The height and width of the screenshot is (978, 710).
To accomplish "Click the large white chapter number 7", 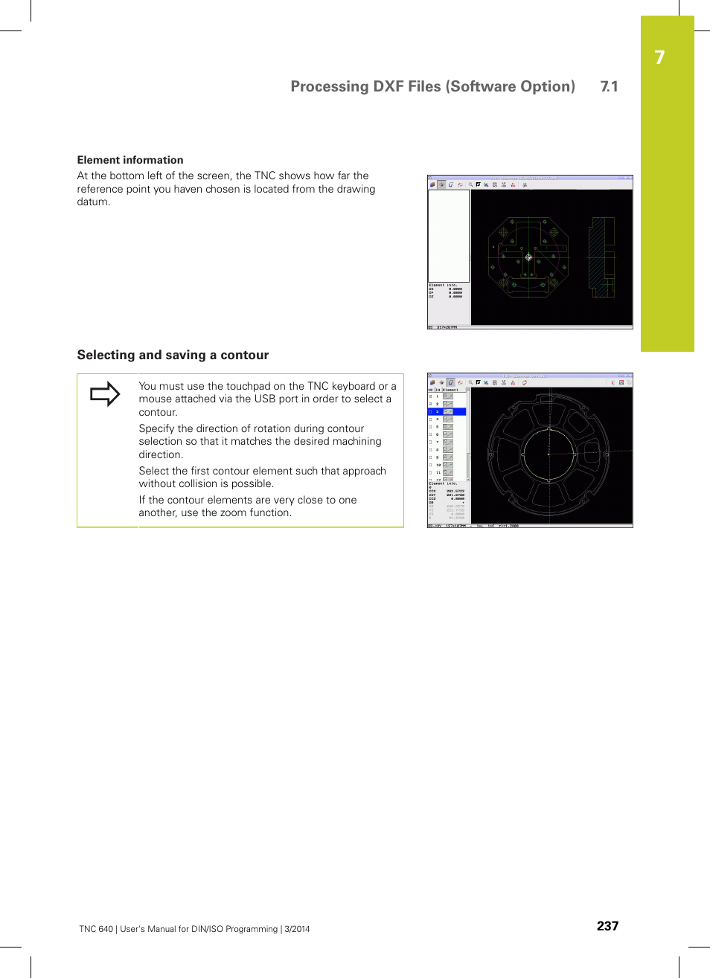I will [x=659, y=58].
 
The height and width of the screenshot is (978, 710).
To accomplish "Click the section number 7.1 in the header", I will [x=609, y=86].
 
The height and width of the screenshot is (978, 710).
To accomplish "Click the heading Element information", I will [x=130, y=160].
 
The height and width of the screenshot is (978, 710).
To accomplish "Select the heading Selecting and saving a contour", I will [x=173, y=355].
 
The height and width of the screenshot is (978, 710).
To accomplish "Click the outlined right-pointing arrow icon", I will [x=105, y=393].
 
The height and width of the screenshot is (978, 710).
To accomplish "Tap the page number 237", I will [x=607, y=926].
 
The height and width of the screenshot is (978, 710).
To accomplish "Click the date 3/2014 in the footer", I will [x=298, y=929].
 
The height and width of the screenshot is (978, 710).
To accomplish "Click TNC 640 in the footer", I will [x=96, y=929].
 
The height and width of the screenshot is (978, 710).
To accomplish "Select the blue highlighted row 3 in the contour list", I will [x=447, y=411].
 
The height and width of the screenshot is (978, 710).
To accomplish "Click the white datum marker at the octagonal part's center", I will [x=528, y=257].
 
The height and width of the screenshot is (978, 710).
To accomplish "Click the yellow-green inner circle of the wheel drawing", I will [x=549, y=453].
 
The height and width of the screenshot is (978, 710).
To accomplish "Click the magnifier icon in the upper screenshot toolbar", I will [x=470, y=184].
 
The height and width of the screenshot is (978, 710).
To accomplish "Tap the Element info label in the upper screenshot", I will [x=443, y=285].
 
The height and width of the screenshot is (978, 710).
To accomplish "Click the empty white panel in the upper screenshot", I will [x=449, y=235].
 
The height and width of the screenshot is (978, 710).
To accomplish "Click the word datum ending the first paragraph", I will [x=94, y=202].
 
